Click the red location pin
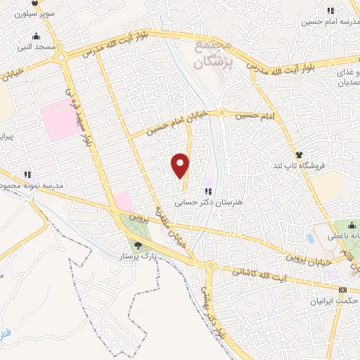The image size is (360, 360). [181, 165]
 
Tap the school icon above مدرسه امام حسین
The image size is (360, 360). [330, 10]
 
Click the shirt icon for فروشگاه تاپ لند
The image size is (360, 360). [300, 155]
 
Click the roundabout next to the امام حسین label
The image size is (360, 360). [222, 112]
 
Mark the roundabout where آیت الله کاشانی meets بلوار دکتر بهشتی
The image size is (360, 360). [211, 265]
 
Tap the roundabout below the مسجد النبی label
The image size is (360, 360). [62, 58]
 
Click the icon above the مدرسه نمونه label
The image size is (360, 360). [27, 174]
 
